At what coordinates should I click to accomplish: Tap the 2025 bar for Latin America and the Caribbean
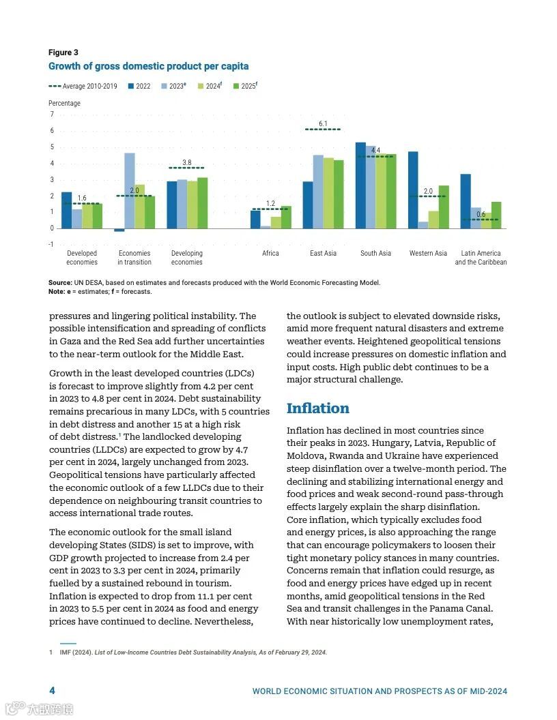pos(496,215)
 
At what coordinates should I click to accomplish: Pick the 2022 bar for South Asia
pos(360,185)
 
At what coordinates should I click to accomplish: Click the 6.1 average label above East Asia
pos(323,124)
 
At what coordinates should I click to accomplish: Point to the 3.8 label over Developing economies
pos(187,162)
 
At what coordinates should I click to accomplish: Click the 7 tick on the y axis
pos(51,115)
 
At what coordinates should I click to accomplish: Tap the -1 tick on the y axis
pos(51,245)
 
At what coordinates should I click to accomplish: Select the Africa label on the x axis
pos(270,254)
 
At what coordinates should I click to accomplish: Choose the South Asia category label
pos(375,254)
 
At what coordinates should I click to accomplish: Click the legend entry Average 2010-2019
pos(83,87)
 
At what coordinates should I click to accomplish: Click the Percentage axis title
pos(64,104)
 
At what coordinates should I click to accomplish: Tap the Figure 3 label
pos(63,52)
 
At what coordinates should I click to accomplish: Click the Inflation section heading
pos(317,408)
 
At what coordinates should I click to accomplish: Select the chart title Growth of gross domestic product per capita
pos(148,67)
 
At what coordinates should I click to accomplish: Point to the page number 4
pos(52,691)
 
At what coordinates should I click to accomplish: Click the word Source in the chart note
pos(60,283)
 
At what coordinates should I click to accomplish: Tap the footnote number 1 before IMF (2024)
pos(51,652)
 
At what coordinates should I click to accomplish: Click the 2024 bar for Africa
pos(276,222)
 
